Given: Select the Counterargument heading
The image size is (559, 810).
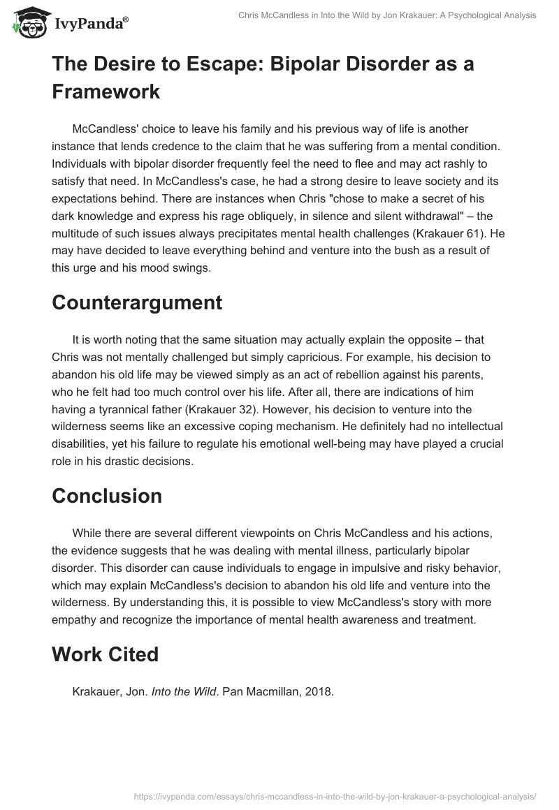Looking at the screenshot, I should coord(137,302).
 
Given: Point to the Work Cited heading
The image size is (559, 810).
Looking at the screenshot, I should coord(106,654).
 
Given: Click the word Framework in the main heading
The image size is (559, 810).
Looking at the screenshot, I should coord(106,91).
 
